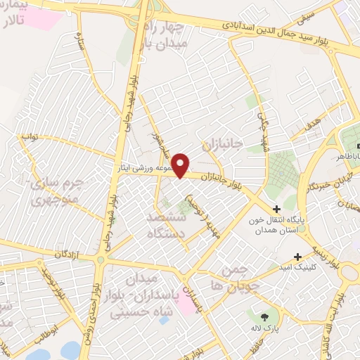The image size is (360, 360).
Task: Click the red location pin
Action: pyautogui.click(x=181, y=165)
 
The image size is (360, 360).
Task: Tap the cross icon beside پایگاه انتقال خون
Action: pyautogui.click(x=276, y=209)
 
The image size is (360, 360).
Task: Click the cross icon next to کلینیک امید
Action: pyautogui.click(x=299, y=257)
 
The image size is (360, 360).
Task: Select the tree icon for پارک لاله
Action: pyautogui.click(x=265, y=318)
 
